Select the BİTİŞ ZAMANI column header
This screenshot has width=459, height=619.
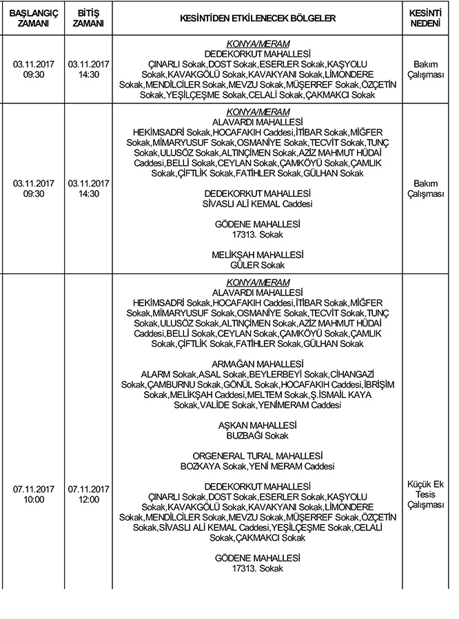click(x=85, y=18)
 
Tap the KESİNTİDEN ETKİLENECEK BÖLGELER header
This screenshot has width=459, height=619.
click(x=257, y=18)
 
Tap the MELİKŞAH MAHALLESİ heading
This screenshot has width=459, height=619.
click(x=257, y=254)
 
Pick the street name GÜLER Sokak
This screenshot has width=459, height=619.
click(x=257, y=264)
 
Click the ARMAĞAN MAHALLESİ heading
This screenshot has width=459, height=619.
click(x=257, y=364)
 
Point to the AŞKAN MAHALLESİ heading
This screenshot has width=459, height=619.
click(x=257, y=426)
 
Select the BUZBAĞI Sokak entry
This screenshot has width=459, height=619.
click(x=257, y=436)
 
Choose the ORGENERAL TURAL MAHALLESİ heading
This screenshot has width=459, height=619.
click(x=257, y=457)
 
